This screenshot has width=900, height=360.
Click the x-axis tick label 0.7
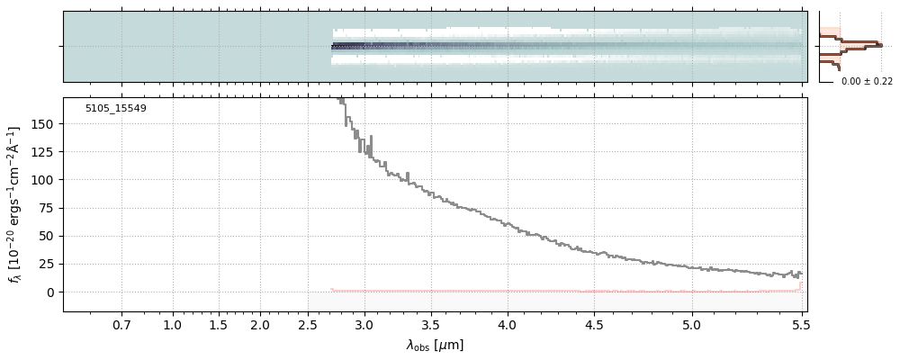pyautogui.click(x=121, y=324)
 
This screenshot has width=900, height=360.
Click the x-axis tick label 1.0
pyautogui.click(x=173, y=324)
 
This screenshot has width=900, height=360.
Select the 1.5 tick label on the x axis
pyautogui.click(x=218, y=324)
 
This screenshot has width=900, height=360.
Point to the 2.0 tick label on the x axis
pyautogui.click(x=260, y=324)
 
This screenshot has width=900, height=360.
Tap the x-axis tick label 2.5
pyautogui.click(x=308, y=324)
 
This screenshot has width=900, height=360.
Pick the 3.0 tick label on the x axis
pyautogui.click(x=364, y=324)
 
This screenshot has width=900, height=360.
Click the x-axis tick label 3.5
pyautogui.click(x=432, y=324)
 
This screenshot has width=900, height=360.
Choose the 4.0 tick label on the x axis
pyautogui.click(x=508, y=324)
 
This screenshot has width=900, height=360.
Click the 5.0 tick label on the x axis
pyautogui.click(x=692, y=324)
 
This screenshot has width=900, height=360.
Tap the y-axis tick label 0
pyautogui.click(x=52, y=292)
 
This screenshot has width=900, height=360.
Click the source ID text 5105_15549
pyautogui.click(x=116, y=109)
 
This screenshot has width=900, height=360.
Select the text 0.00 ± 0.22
pyautogui.click(x=867, y=82)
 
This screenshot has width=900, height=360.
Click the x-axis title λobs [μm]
pyautogui.click(x=435, y=345)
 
